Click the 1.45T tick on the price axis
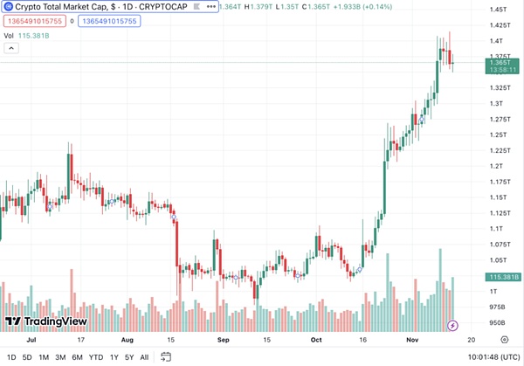(x=500, y=10)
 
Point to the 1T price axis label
(x=494, y=291)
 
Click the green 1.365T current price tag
(x=500, y=64)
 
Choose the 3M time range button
(x=60, y=356)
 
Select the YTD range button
(x=96, y=356)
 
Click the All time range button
(x=144, y=356)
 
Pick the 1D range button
(x=11, y=356)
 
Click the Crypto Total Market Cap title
(x=79, y=6)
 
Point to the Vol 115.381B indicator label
(x=27, y=36)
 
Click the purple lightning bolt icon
(x=452, y=326)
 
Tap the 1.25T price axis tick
(x=500, y=135)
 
